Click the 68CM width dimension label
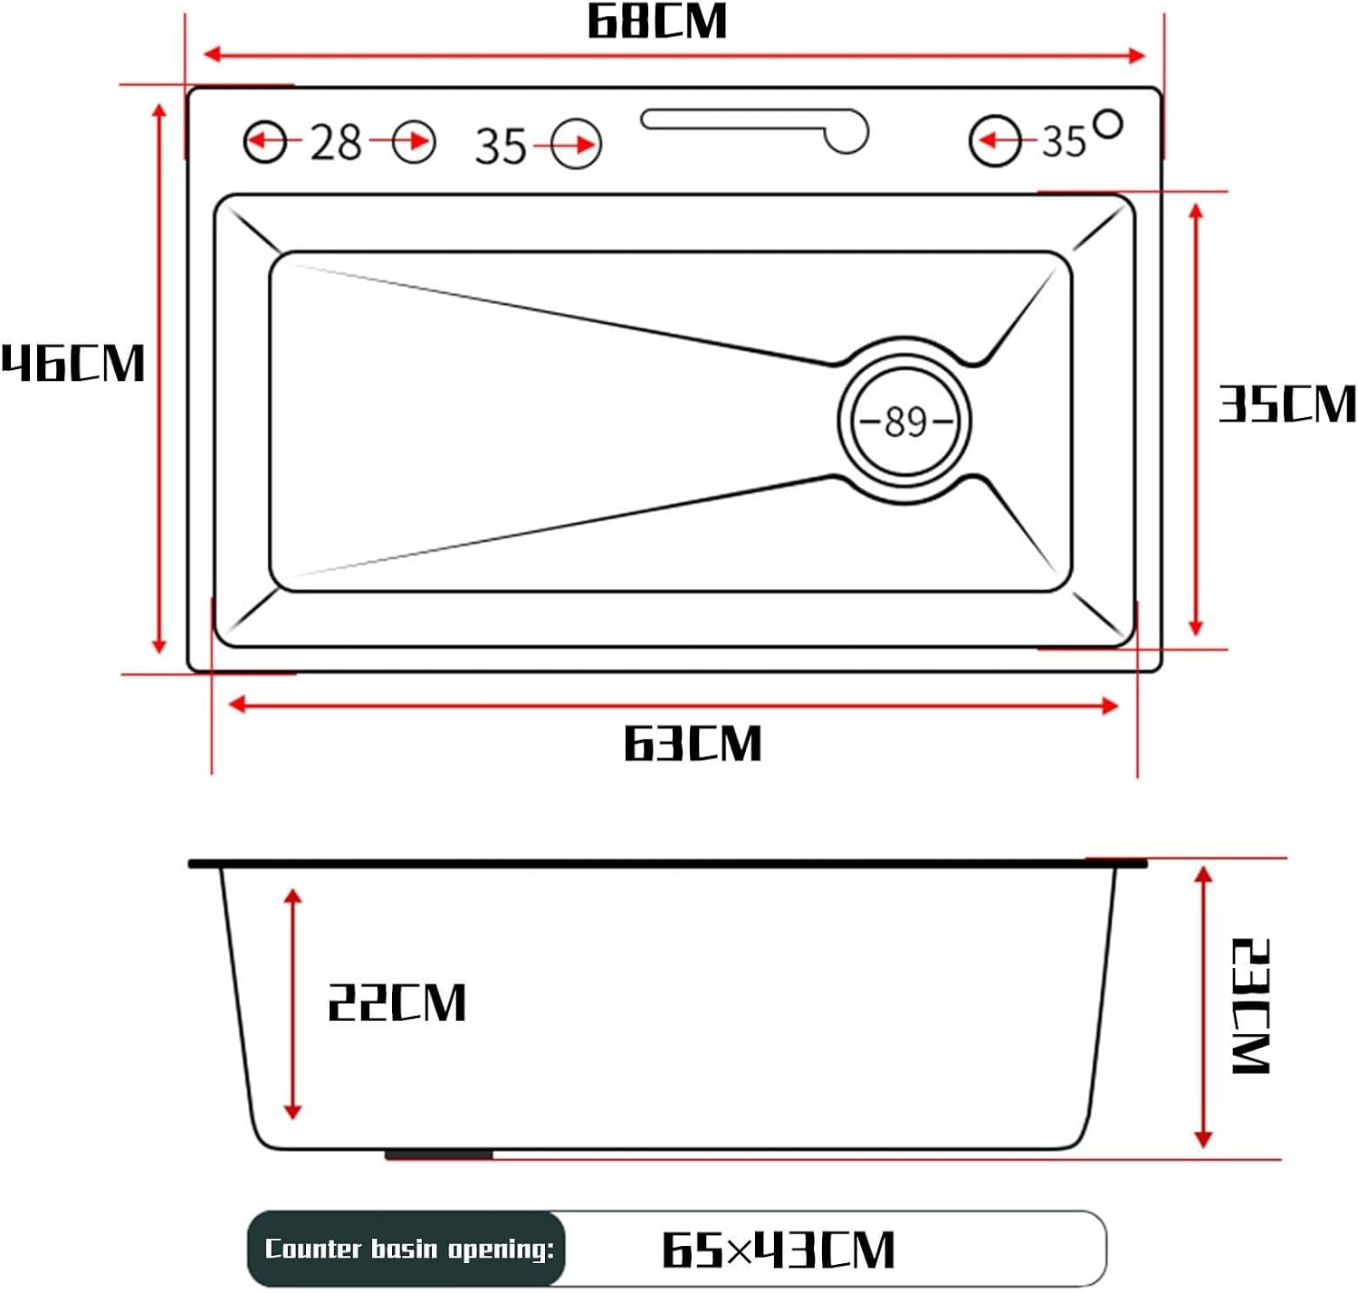(x=657, y=22)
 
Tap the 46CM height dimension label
(x=73, y=363)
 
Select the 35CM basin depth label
(x=1287, y=404)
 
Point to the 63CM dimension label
(x=692, y=744)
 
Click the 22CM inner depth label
(x=397, y=1003)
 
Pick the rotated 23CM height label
(x=1252, y=1006)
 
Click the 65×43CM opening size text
(x=779, y=1250)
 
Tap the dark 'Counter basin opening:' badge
(x=406, y=1248)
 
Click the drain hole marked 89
(x=904, y=421)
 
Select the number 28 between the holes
(x=336, y=143)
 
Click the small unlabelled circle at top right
(x=1108, y=124)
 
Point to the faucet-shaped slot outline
(x=754, y=128)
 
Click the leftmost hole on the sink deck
(x=265, y=142)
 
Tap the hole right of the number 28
(x=414, y=142)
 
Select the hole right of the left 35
(x=576, y=144)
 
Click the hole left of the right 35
(x=995, y=141)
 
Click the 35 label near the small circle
(x=1064, y=141)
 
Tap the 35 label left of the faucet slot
(x=501, y=146)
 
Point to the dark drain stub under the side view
(x=438, y=1155)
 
